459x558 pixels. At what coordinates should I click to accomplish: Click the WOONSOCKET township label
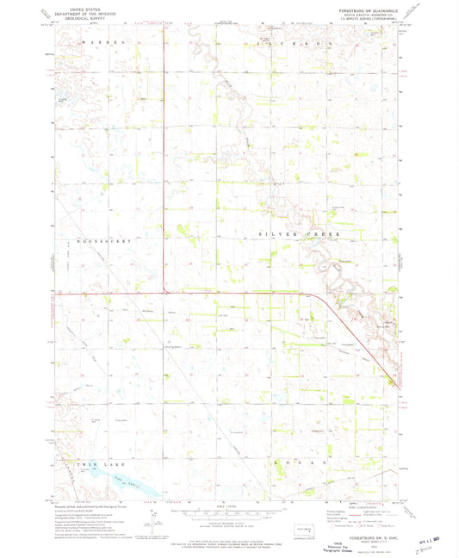104,242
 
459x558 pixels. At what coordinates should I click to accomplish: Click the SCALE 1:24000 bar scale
227,514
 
